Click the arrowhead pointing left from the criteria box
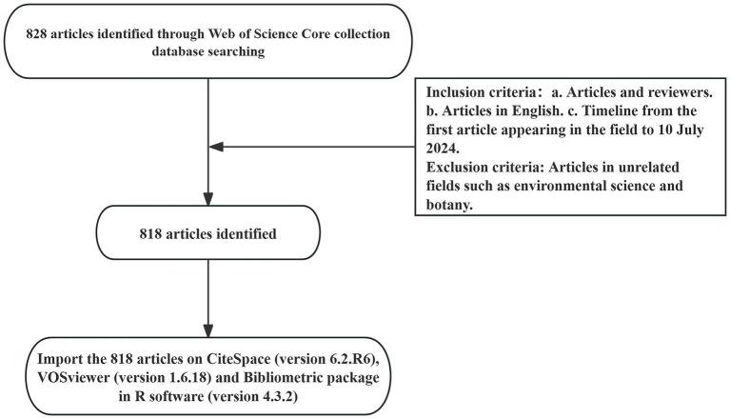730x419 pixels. (x=217, y=147)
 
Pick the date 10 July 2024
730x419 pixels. (x=658, y=130)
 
